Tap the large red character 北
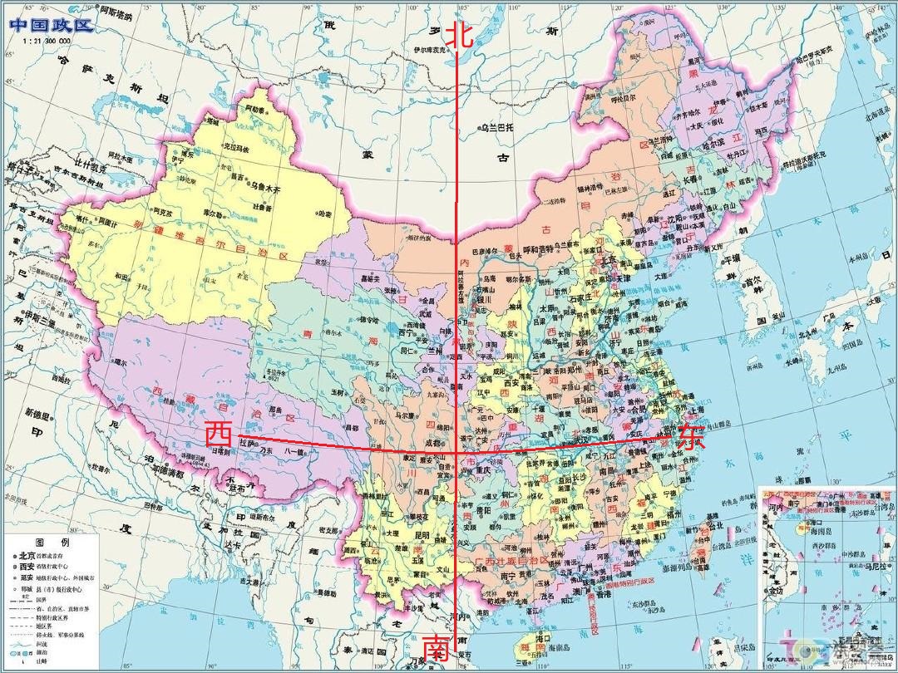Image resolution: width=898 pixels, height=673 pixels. click(x=460, y=36)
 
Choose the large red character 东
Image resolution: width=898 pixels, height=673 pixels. click(x=690, y=438)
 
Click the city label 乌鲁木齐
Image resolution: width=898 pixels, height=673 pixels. click(x=267, y=189)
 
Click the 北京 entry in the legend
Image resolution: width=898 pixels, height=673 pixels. click(x=27, y=556)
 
